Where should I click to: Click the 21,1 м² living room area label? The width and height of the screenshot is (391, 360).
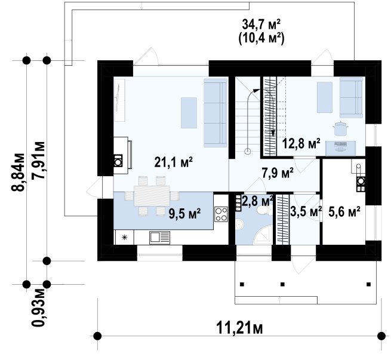pos(173,162)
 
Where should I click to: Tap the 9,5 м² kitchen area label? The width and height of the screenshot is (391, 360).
pos(185,213)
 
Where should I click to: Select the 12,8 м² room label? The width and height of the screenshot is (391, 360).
pos(301,144)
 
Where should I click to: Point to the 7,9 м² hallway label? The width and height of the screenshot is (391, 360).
pos(278,173)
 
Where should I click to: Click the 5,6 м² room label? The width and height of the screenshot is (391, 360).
pos(344,212)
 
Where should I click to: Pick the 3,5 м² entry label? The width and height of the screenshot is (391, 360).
pos(306,212)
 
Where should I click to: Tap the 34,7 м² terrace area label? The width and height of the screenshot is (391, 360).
pos(261,24)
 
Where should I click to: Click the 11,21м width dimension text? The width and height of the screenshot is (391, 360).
pos(239,328)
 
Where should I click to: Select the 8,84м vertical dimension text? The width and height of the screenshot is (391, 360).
pos(18,172)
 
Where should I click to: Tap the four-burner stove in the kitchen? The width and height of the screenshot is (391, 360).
pos(221,214)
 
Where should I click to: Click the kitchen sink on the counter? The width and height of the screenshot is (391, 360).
pos(159,238)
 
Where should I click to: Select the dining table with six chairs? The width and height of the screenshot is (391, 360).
pos(152,196)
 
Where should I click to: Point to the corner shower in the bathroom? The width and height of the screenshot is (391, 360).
pos(263,235)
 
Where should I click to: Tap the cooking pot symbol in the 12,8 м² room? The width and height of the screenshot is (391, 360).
pos(340,128)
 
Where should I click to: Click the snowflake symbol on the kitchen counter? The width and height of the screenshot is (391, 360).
pos(124,238)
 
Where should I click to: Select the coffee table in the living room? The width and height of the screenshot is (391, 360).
pos(189,113)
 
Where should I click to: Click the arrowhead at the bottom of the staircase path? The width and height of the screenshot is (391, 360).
pos(273,134)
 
